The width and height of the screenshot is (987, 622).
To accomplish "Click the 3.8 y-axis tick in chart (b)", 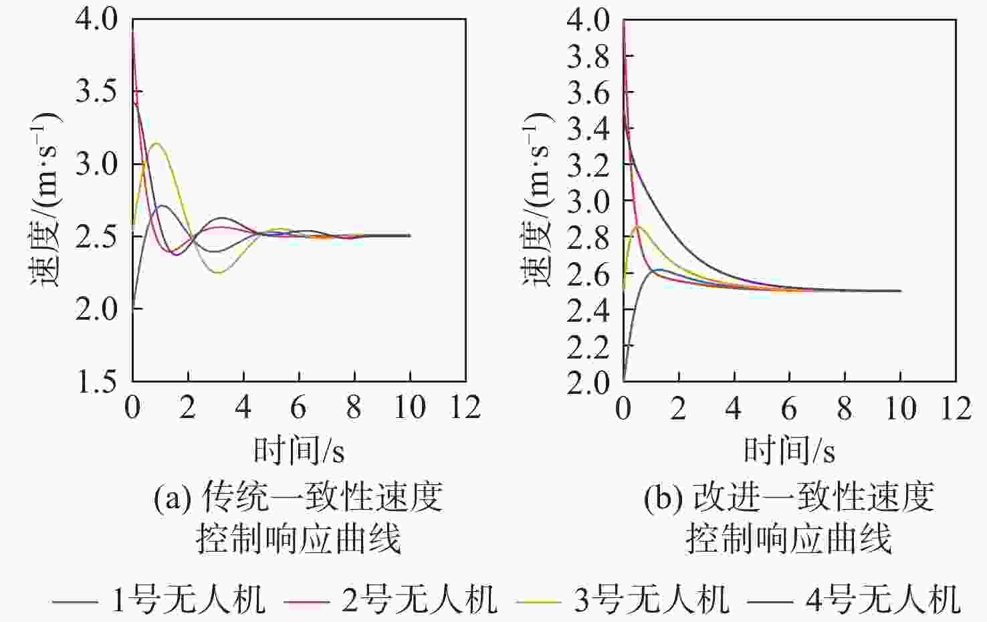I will click(588, 57).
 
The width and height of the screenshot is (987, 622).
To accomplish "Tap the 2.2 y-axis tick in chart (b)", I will click(588, 346).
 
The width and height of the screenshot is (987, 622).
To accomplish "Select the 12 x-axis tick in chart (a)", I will click(465, 407).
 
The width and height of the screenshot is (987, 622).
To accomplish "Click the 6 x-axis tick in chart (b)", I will click(789, 407).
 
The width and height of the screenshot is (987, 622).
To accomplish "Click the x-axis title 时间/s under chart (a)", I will click(299, 449).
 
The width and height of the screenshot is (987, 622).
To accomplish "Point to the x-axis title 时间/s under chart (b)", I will click(790, 449).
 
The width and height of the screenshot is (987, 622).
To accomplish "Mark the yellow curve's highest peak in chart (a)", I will click(156, 143).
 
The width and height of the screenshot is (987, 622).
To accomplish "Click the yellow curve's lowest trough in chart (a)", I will click(218, 273).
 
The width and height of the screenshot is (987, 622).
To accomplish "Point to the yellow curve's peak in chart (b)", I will click(638, 226).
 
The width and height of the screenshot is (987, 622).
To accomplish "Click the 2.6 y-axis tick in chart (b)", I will click(588, 274).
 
